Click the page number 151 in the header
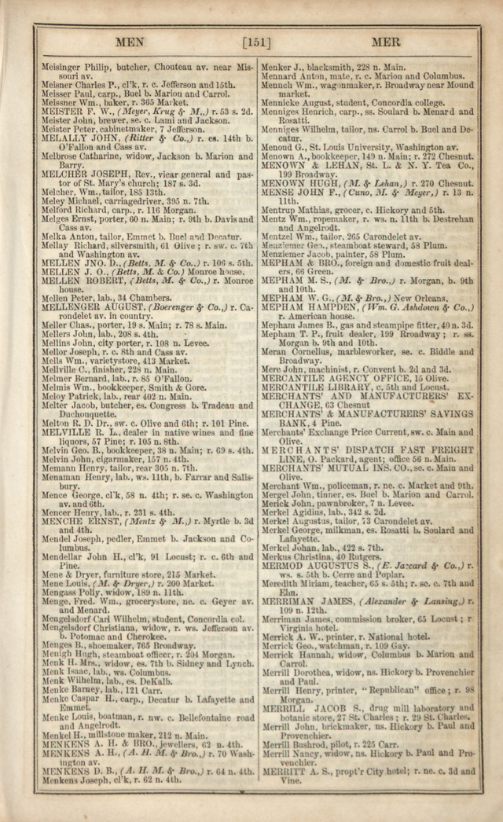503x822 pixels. click(x=256, y=42)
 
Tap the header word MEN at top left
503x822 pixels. click(x=130, y=42)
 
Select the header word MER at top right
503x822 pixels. click(x=385, y=42)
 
